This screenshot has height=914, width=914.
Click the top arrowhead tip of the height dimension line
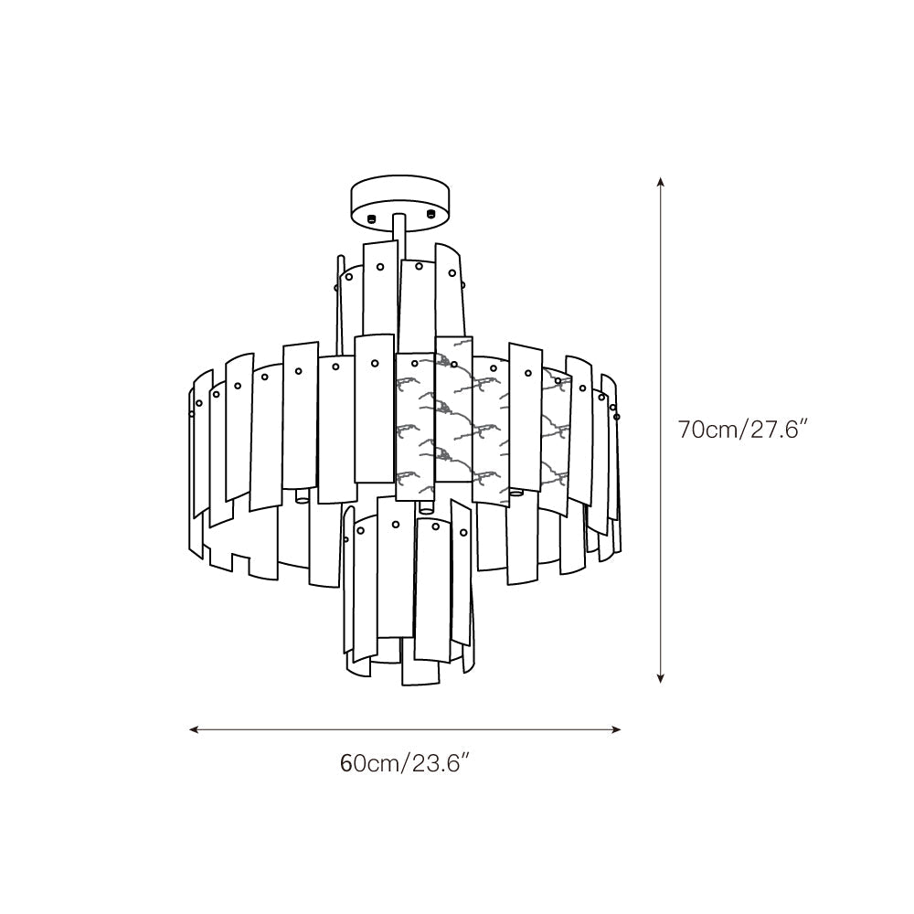click(x=661, y=177)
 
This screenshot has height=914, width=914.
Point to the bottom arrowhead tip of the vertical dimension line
click(x=661, y=683)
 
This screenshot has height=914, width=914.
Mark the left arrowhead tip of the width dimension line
click(x=189, y=729)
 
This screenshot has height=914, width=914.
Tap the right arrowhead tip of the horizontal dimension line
click(x=622, y=729)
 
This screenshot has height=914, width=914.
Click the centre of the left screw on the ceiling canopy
click(x=371, y=219)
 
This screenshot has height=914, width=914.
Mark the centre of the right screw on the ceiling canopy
click(x=430, y=214)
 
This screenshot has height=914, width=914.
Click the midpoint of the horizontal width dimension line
click(x=405, y=729)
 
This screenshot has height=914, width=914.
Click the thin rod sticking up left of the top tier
click(x=340, y=298)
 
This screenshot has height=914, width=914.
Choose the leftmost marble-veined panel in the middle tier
click(x=415, y=427)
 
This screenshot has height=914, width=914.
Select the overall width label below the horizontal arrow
click(x=405, y=762)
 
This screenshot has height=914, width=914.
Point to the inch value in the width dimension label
click(x=441, y=762)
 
